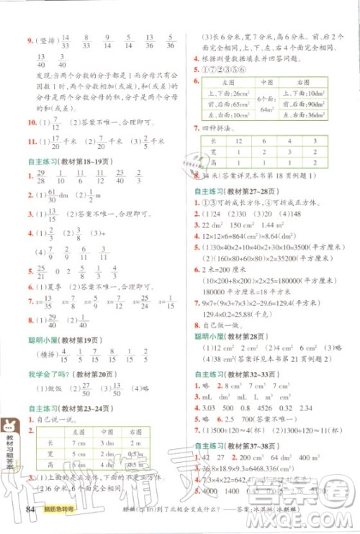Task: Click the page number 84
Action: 30,512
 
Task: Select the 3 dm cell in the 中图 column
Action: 109,443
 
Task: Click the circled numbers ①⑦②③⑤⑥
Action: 225,71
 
